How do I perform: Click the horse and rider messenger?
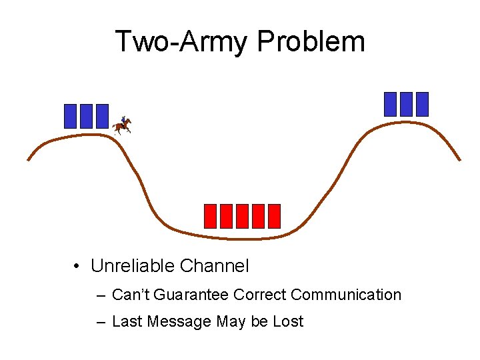122,125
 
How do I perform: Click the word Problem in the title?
311,41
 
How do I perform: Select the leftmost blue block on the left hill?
70,116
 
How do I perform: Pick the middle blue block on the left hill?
86,116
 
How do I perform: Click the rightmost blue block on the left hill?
102,116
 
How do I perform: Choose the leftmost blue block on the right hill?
390,104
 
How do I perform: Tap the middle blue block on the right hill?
406,104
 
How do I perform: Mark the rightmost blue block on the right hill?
422,104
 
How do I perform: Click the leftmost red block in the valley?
210,216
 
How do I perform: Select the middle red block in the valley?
242,216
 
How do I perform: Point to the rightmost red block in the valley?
274,216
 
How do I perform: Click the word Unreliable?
133,267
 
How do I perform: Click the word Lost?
288,321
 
